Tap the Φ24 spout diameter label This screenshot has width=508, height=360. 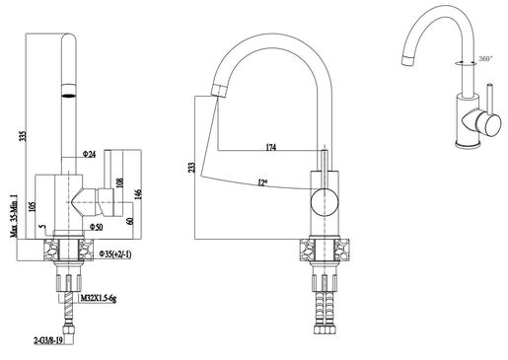89,155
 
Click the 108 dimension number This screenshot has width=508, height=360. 118,182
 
